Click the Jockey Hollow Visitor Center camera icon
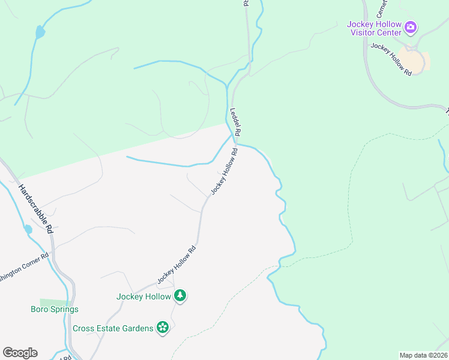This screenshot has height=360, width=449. click(x=411, y=27)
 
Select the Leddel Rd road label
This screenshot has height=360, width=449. click(x=235, y=122)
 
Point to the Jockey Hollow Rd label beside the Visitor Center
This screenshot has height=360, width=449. click(x=391, y=58)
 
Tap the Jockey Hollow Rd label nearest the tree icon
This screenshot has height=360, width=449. click(x=176, y=265)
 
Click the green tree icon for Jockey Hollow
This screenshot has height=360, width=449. click(x=180, y=295)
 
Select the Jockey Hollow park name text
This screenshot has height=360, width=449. click(x=143, y=296)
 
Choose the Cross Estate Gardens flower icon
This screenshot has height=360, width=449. click(x=162, y=327)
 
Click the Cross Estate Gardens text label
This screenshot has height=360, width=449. click(x=112, y=328)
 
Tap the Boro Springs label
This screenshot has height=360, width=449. click(x=55, y=310)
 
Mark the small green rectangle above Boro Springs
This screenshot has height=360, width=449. click(x=55, y=301)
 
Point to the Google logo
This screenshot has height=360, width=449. click(x=20, y=353)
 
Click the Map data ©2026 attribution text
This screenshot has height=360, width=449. click(x=423, y=355)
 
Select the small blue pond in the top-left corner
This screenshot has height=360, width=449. click(x=40, y=32)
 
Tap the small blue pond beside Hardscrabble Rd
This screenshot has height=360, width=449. click(x=28, y=229)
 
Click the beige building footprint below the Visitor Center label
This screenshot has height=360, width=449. click(x=413, y=61)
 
